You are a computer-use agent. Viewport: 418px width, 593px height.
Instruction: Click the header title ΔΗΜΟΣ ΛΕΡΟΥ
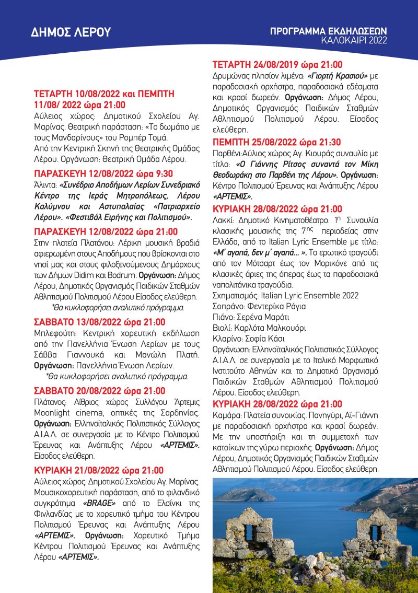71,32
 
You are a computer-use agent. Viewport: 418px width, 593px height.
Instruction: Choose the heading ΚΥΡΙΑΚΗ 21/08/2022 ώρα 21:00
99,470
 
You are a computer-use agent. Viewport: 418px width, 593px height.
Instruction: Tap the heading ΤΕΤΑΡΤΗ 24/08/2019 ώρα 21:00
277,65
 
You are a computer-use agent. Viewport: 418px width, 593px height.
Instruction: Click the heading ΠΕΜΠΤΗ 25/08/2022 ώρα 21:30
277,143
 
